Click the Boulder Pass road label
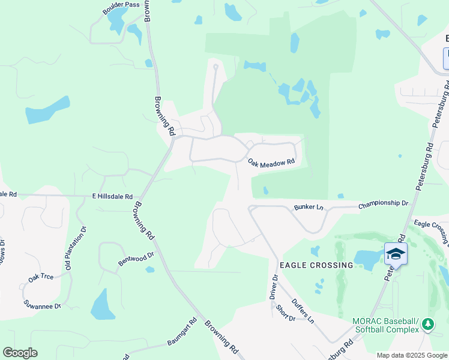click(121, 5)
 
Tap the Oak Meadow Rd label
click(271, 162)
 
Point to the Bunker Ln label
click(309, 207)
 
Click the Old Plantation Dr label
click(76, 247)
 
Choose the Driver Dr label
click(274, 287)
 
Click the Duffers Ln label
click(303, 311)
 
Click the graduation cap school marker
click(396, 254)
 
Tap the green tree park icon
click(427, 325)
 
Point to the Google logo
click(20, 353)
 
